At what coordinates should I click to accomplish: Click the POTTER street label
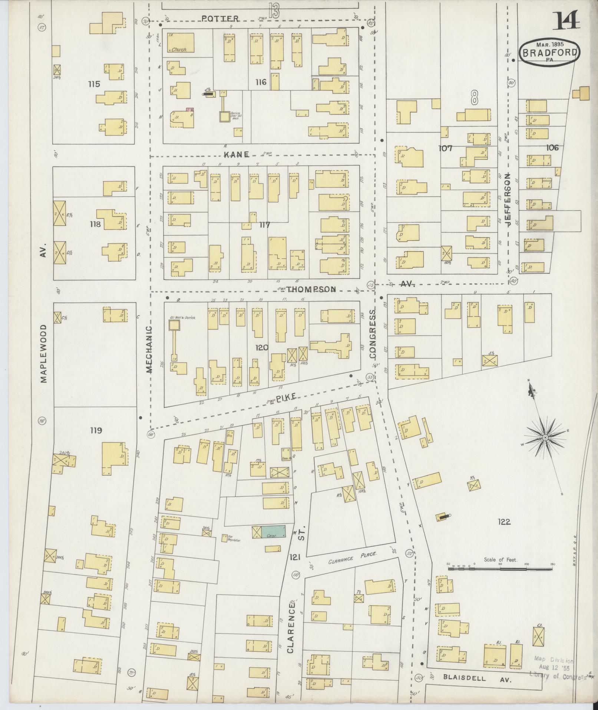[220, 18]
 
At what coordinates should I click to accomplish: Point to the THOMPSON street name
[311, 289]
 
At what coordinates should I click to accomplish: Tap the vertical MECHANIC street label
[149, 349]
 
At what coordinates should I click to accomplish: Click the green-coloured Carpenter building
[274, 531]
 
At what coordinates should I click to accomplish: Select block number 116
[261, 82]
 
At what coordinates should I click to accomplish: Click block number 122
[505, 522]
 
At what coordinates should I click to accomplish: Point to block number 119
[96, 431]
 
